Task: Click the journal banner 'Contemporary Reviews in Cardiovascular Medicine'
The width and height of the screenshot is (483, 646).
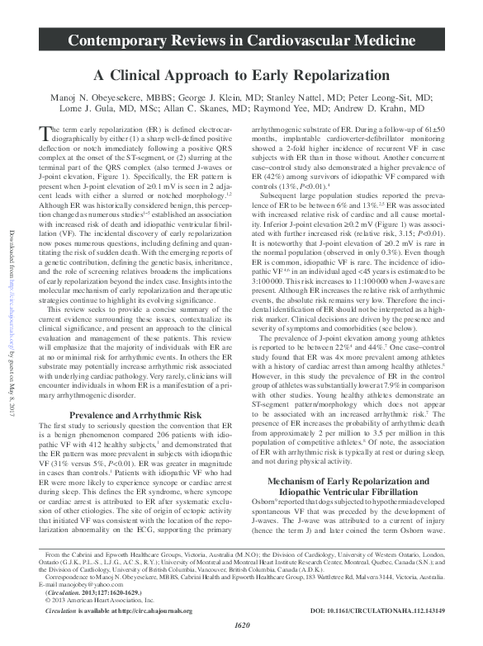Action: (242, 40)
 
